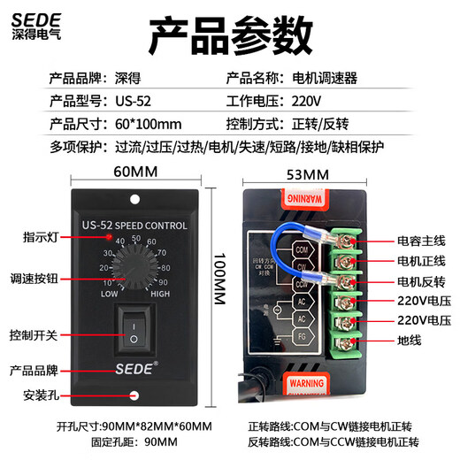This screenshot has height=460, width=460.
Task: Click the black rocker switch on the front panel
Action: coord(133,330)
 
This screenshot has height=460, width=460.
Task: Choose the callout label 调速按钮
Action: coord(36,277)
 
